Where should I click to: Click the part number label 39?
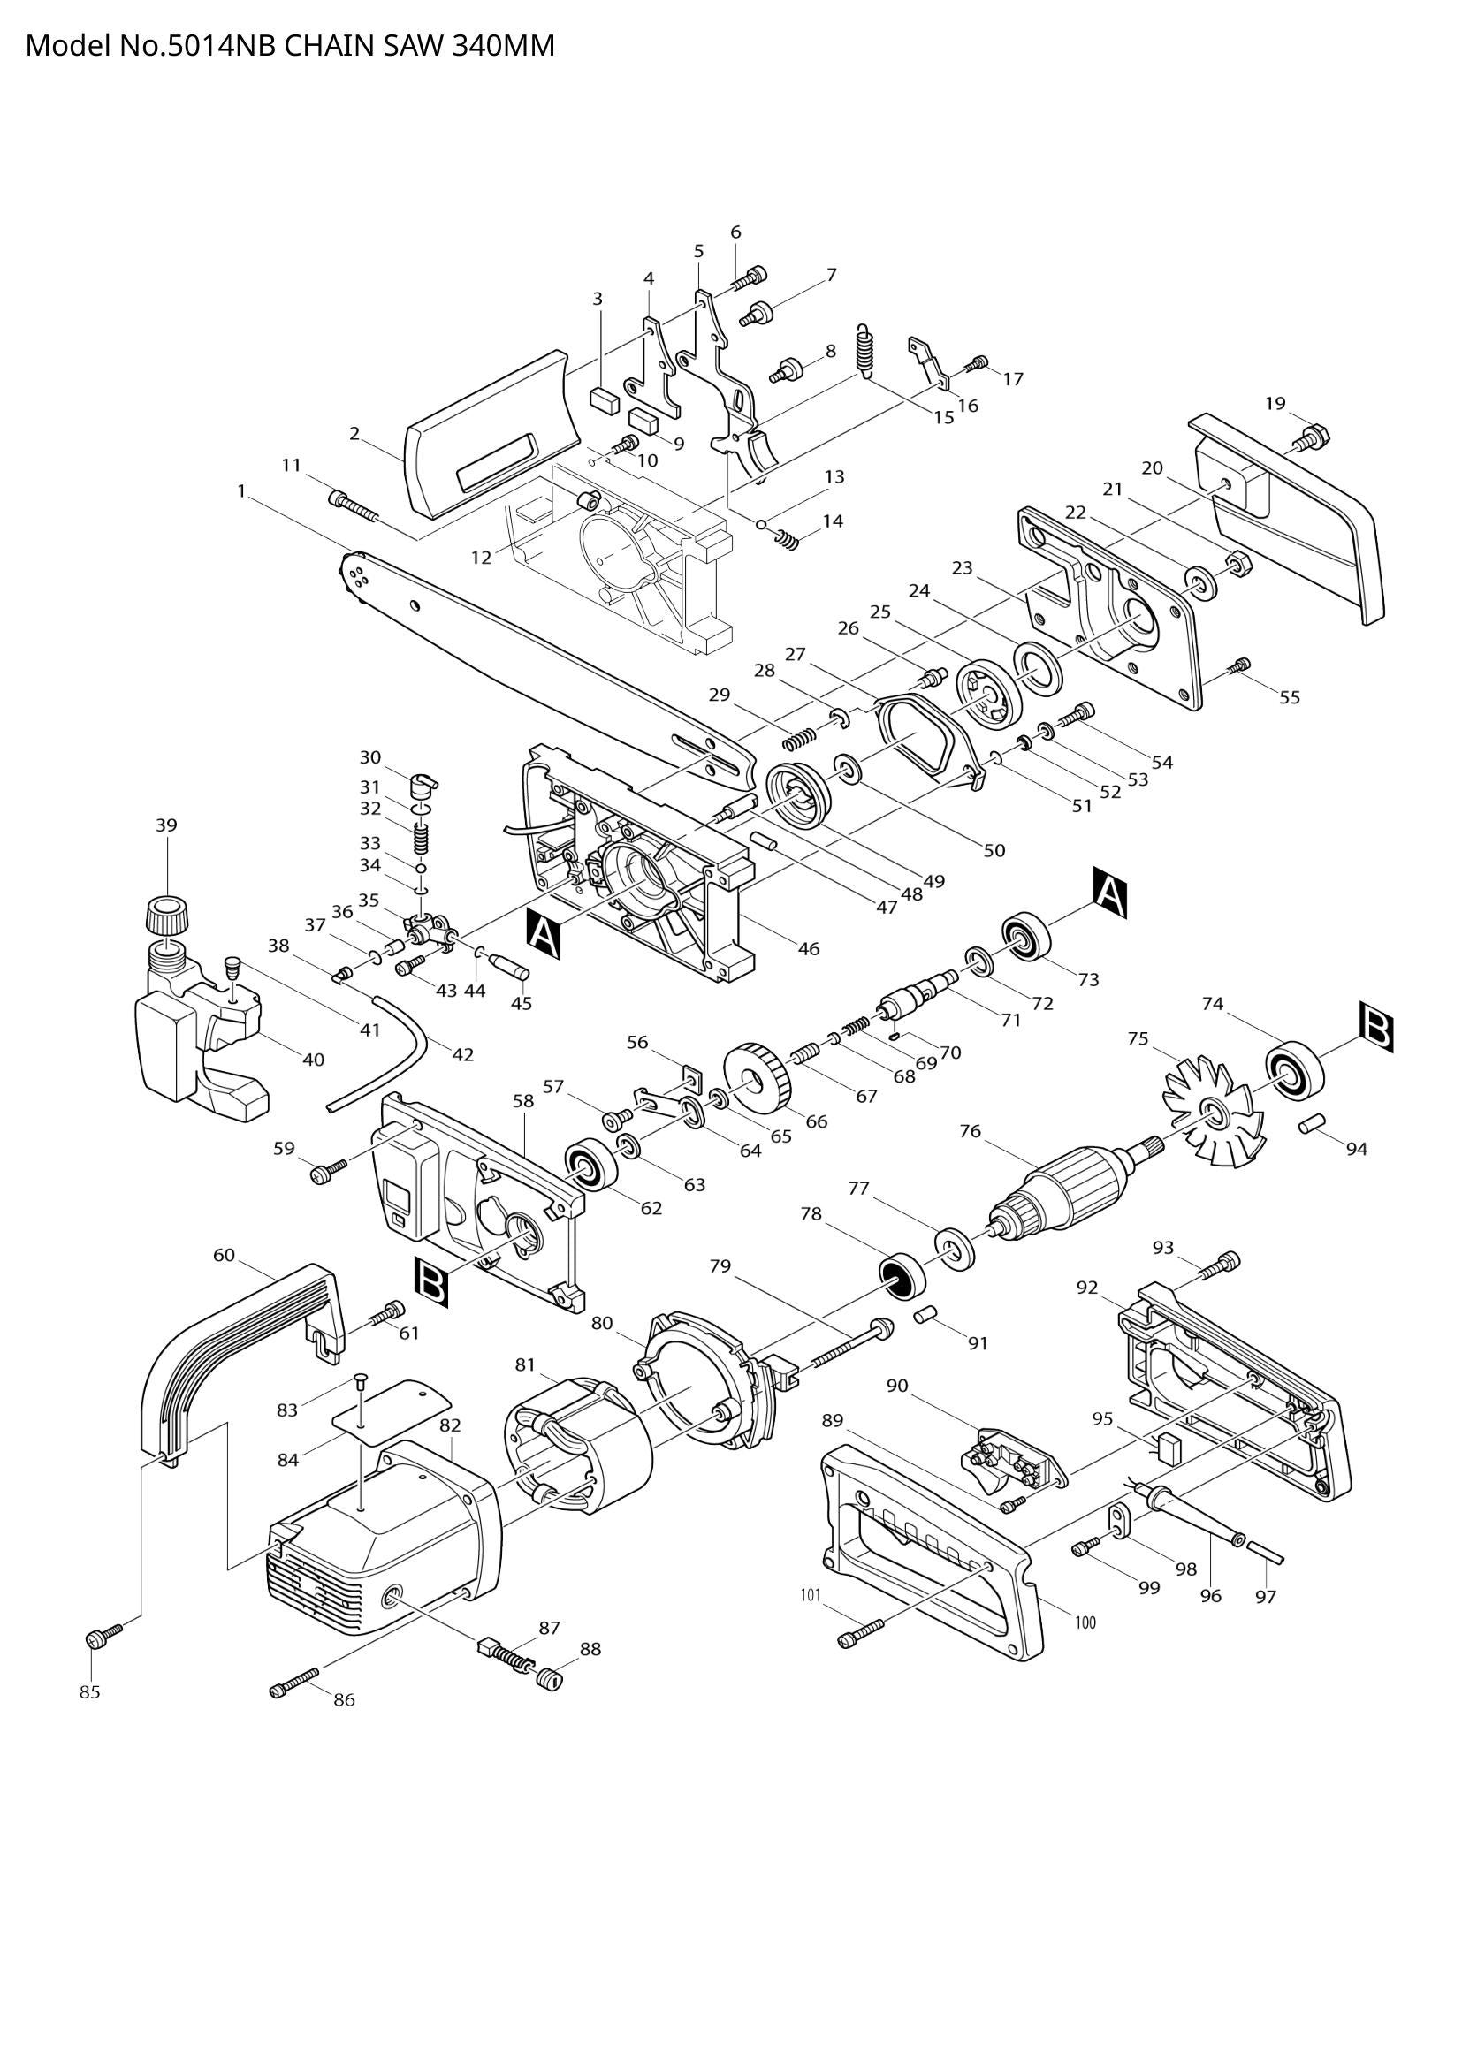[x=165, y=825]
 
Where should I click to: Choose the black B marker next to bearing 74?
[x=1376, y=1028]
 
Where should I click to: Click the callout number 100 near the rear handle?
[x=1085, y=1623]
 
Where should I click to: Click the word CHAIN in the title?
[x=329, y=46]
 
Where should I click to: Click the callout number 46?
[x=809, y=948]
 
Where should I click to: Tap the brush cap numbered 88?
[x=548, y=1680]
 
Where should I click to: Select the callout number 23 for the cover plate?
[x=963, y=568]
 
